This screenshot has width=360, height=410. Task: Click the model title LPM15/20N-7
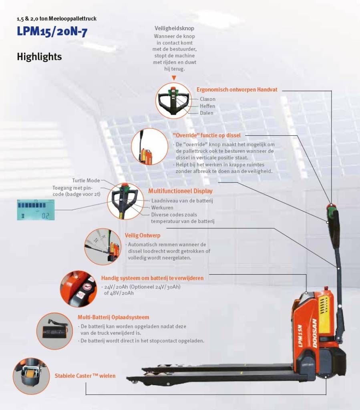pyautogui.click(x=52, y=32)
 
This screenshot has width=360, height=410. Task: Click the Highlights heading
pyautogui.click(x=39, y=57)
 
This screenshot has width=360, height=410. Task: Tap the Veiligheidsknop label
pyautogui.click(x=174, y=28)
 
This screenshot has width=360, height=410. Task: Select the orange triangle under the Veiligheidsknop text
pyautogui.click(x=174, y=78)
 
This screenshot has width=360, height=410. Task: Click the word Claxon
pyautogui.click(x=207, y=99)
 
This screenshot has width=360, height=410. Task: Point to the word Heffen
pyautogui.click(x=207, y=106)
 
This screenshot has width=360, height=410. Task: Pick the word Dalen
pyautogui.click(x=207, y=113)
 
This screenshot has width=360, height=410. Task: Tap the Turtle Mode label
pyautogui.click(x=86, y=181)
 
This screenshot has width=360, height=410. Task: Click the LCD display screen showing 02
pyautogui.click(x=36, y=210)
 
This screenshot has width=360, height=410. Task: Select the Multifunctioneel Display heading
pyautogui.click(x=180, y=191)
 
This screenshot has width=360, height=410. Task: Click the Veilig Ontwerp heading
pyautogui.click(x=142, y=235)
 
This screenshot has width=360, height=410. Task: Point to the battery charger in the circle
pyautogui.click(x=54, y=330)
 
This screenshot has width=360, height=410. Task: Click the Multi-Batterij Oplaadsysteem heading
pyautogui.click(x=113, y=318)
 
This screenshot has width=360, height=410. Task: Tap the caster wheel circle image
pyautogui.click(x=31, y=376)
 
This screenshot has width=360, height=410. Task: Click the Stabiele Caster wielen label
pyautogui.click(x=85, y=376)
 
